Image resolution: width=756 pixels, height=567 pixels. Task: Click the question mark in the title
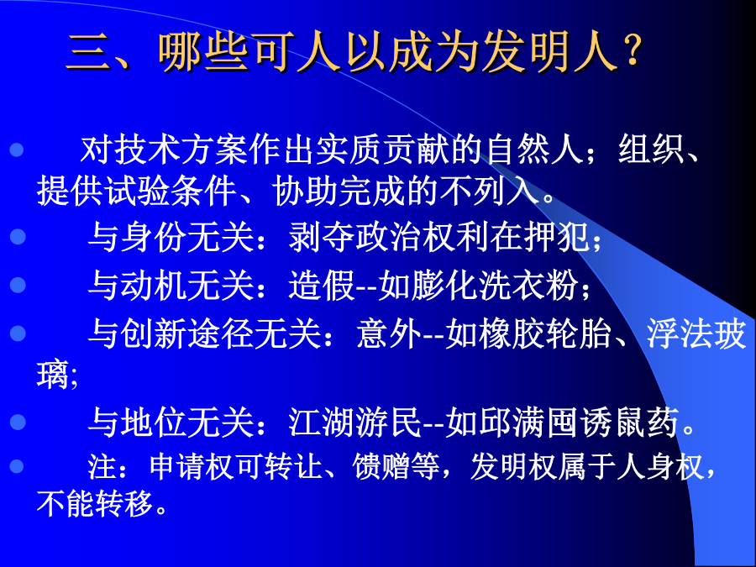[x=631, y=50]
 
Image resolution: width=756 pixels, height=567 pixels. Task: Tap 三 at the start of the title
[x=87, y=51]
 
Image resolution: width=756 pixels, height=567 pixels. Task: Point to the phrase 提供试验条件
[x=136, y=191]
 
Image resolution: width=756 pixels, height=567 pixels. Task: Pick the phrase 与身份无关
[x=171, y=236]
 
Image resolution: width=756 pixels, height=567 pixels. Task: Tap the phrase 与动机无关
[x=171, y=285]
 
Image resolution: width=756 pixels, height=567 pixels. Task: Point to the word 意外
[x=389, y=333]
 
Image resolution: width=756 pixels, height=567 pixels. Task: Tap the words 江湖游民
[x=355, y=423]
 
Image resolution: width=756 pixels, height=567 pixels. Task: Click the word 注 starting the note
[x=102, y=466]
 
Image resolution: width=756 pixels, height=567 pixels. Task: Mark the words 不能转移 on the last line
[x=95, y=503]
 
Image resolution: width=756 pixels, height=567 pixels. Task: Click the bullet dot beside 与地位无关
[x=18, y=422]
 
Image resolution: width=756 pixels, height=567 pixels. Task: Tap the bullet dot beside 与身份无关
[x=18, y=236]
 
